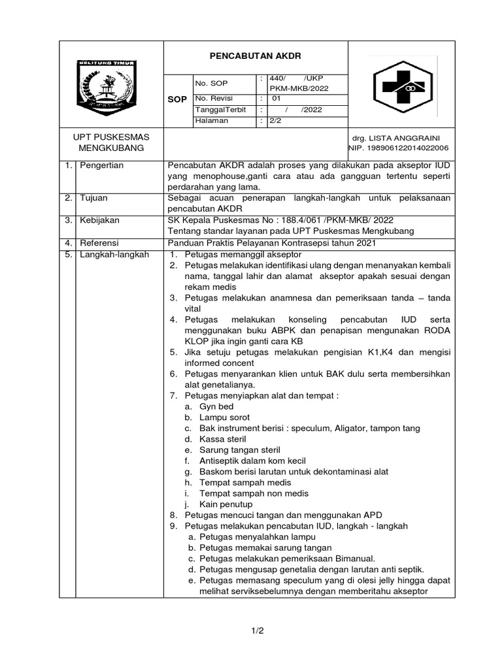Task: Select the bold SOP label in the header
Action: tap(177, 99)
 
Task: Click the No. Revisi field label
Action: tap(214, 98)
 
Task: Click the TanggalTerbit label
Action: tap(220, 110)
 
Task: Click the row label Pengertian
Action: tap(101, 166)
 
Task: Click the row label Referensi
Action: tap(99, 243)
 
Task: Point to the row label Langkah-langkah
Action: tap(114, 254)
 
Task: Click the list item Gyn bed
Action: tap(216, 406)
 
